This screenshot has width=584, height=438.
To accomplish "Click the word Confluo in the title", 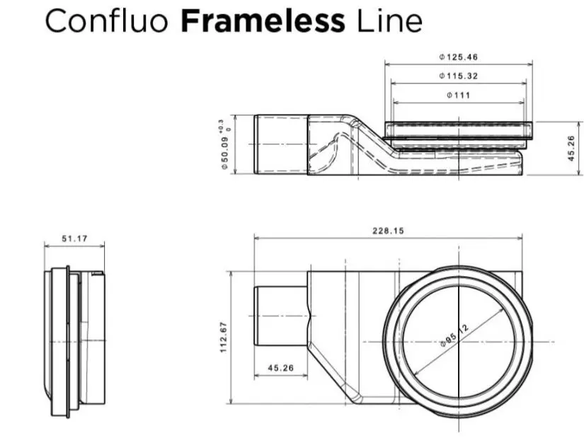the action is tap(106, 21).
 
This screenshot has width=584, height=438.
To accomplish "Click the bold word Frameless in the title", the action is tap(263, 21).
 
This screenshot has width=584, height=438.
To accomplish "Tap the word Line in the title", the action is tap(389, 21).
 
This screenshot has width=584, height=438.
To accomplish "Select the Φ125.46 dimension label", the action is tap(458, 57).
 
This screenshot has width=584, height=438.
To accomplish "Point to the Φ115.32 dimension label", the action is tap(458, 76).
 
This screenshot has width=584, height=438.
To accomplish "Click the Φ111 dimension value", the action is tap(459, 95).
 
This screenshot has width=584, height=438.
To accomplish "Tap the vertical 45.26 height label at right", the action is tap(571, 148).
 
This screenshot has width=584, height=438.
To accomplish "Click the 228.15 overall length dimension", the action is tap(388, 231).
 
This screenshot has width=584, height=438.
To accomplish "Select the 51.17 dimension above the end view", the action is tap(74, 238).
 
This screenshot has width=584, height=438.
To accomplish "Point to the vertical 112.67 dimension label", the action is tap(224, 338).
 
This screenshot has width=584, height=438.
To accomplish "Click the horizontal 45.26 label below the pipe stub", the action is tap(281, 368).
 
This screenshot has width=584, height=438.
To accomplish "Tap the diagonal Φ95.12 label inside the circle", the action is tap(454, 335).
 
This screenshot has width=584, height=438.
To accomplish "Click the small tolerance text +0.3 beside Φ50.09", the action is tap(222, 125).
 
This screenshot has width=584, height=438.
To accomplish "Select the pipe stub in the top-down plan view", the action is tap(281, 316).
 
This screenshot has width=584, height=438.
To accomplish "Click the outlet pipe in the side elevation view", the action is tap(281, 144).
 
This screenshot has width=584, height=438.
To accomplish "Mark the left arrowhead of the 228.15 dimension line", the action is tap(257, 238).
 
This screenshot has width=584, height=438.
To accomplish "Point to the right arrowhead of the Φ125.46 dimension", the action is tap(529, 64).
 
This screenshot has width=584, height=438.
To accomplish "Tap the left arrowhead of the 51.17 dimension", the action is tap(47, 246).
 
